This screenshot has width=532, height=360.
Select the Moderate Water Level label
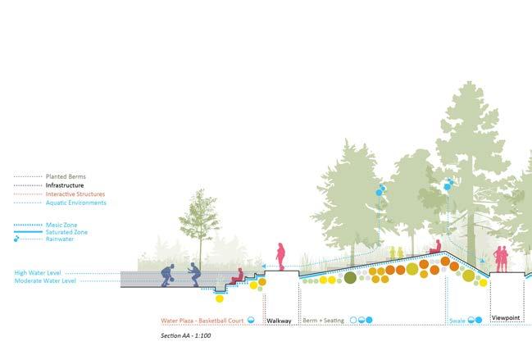click(x=45, y=280)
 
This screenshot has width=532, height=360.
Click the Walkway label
click(x=280, y=321)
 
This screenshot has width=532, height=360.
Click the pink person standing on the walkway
click(x=280, y=256)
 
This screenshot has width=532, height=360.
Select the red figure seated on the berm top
click(x=437, y=246)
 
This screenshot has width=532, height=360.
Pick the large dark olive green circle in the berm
click(x=350, y=278)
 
